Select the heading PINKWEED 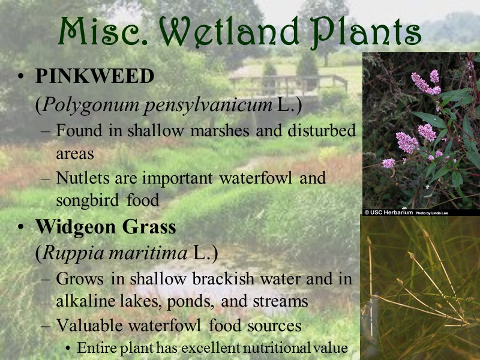pyautogui.click(x=95, y=77)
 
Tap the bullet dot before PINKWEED pyautogui.click(x=21, y=77)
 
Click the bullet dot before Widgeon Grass pyautogui.click(x=21, y=229)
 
